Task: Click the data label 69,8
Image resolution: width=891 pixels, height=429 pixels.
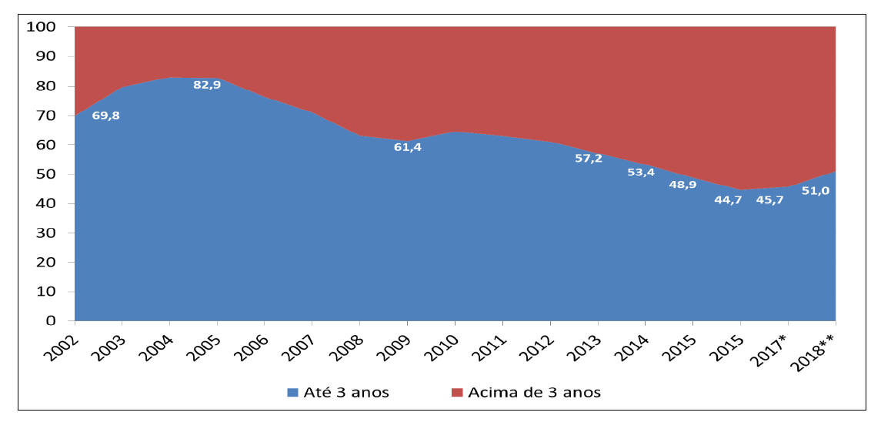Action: tap(105, 116)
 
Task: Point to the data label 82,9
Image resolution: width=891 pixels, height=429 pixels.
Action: tap(207, 85)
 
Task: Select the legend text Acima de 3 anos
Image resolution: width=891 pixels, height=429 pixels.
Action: tap(534, 392)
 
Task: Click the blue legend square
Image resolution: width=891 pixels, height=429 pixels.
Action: tap(292, 392)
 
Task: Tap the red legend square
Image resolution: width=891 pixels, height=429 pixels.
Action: tap(456, 392)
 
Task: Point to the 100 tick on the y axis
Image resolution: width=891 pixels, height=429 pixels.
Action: tap(40, 27)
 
